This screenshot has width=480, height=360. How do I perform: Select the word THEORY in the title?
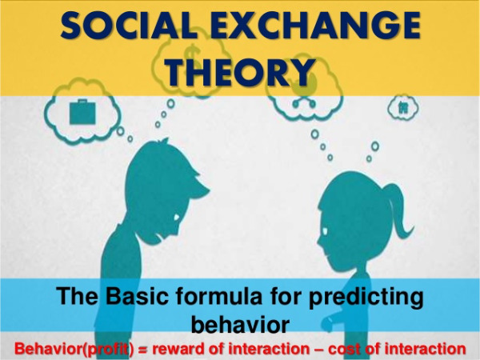(238, 72)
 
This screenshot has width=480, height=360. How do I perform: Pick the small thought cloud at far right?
(398, 106)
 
